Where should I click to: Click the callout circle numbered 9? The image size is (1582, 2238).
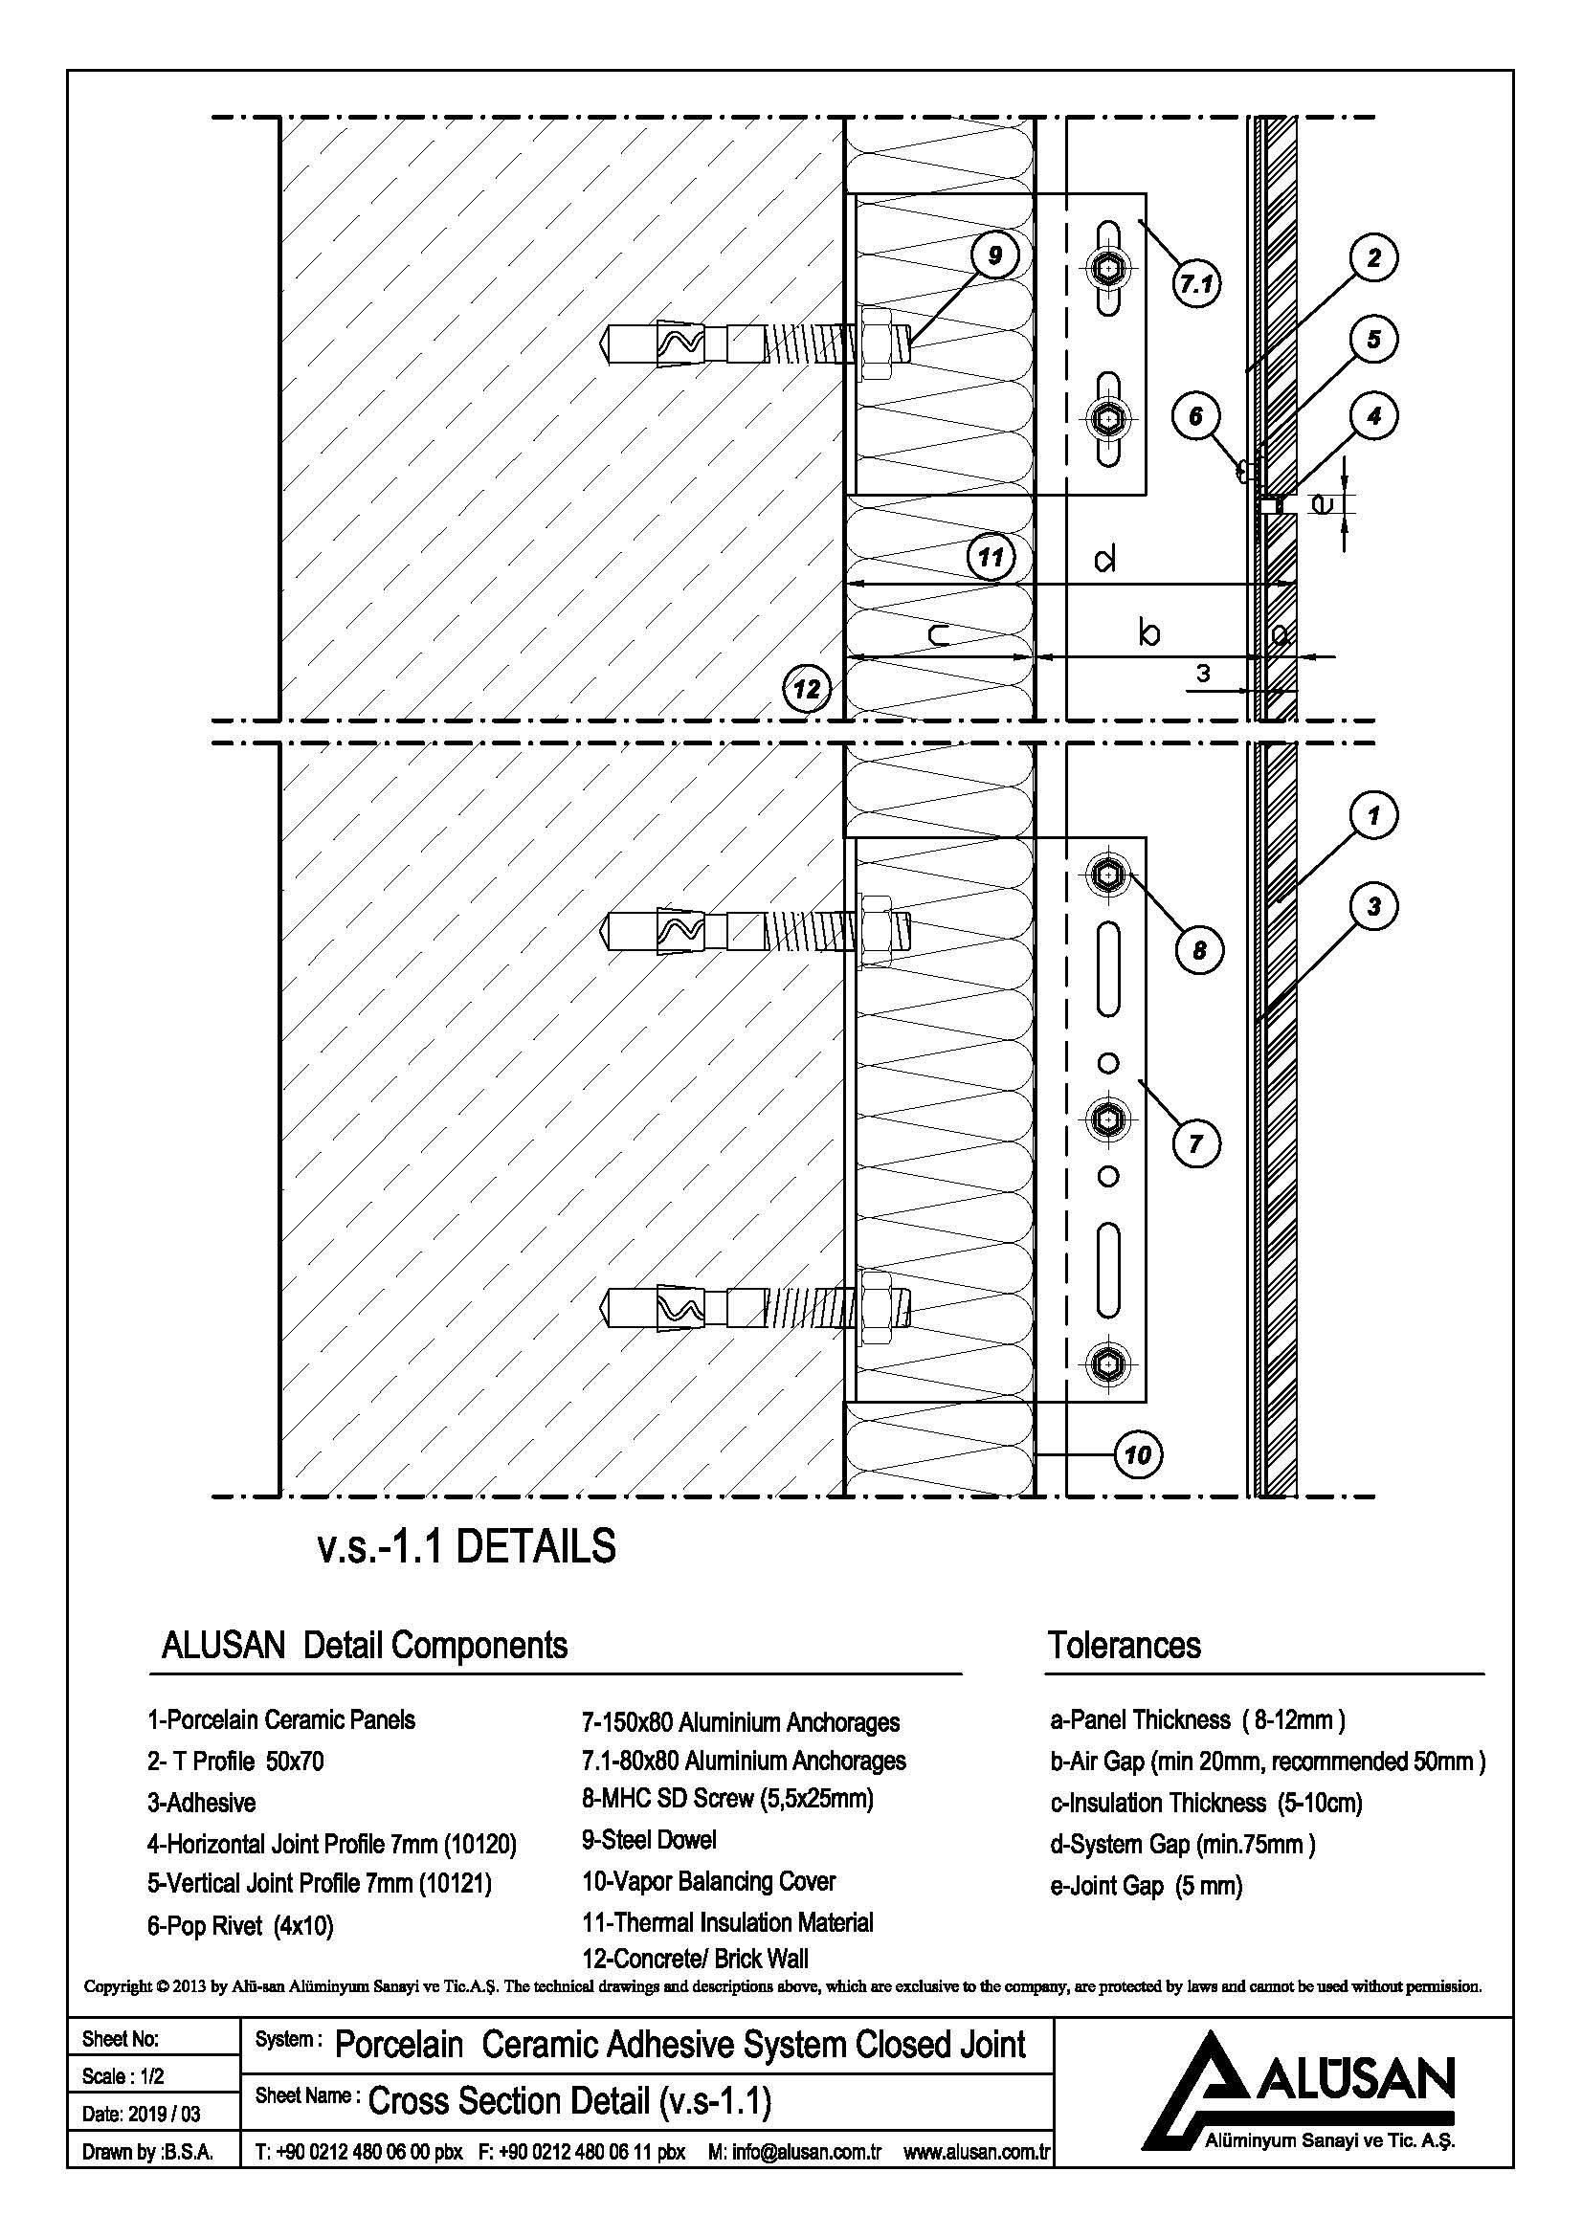[x=995, y=255]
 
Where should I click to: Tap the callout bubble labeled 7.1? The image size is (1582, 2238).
[x=1196, y=284]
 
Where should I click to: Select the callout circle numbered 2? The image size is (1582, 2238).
[x=1373, y=258]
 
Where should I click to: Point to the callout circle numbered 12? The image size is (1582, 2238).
[x=807, y=689]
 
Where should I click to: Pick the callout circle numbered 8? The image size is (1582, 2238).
[x=1199, y=949]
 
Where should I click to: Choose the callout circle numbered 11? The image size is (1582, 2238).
[x=991, y=558]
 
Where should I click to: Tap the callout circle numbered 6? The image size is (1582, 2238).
[x=1196, y=416]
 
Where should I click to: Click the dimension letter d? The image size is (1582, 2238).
[x=1105, y=561]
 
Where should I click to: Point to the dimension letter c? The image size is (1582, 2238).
[x=938, y=636]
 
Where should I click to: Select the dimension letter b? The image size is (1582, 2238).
[x=1150, y=633]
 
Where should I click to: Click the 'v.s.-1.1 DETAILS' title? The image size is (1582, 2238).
[x=467, y=1547]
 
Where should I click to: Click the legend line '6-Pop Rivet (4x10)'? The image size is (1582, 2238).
[x=240, y=1926]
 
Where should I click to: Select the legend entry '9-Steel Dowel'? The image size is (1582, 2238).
[x=648, y=1840]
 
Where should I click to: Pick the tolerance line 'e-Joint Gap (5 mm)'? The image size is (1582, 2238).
[x=1146, y=1886]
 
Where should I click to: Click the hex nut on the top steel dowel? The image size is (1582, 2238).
[x=875, y=343]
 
